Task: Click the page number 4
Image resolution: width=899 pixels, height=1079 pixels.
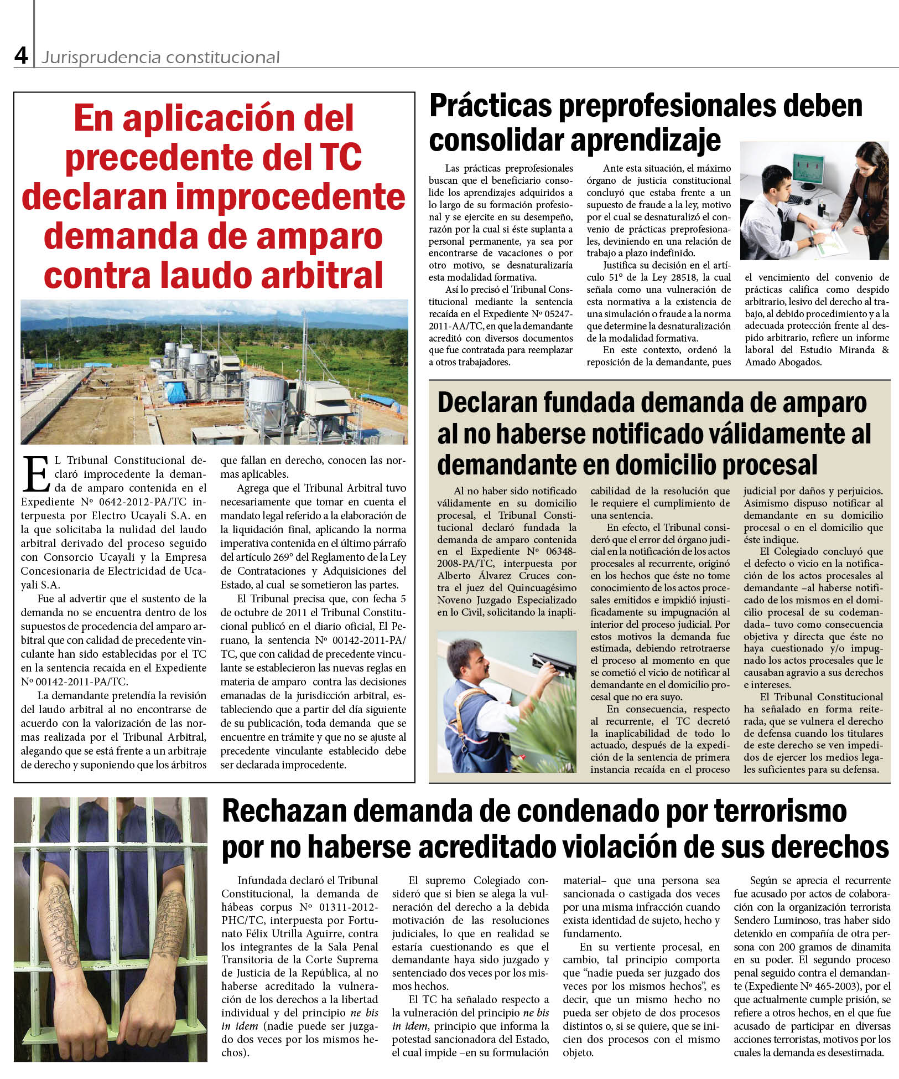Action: click(x=21, y=55)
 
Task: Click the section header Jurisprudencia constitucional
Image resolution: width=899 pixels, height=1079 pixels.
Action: click(x=160, y=58)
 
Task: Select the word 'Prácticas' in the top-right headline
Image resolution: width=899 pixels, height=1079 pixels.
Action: click(x=490, y=105)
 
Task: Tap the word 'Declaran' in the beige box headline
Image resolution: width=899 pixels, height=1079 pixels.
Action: click(x=486, y=403)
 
